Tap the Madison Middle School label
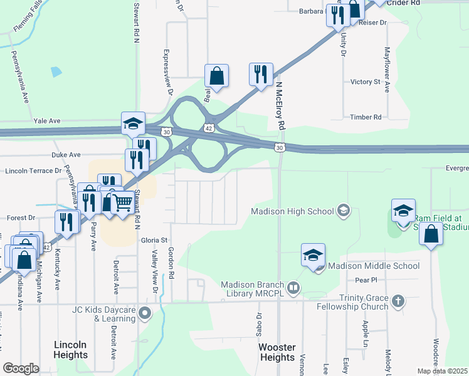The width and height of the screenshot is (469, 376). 374,266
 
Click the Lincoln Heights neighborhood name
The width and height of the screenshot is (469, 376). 71,350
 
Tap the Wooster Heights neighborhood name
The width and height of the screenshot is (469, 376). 277,352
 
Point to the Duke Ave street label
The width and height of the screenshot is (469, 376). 67,155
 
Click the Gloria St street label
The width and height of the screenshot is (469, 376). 155,240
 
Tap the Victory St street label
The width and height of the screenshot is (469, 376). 365,82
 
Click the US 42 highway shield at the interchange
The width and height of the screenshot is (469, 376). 209,128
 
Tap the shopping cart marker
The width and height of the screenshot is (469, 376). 122,202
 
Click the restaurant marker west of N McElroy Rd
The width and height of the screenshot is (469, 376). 260,74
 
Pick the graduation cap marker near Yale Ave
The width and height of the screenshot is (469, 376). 133,123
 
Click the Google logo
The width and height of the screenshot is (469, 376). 21,368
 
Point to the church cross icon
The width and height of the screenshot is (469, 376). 397,302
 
